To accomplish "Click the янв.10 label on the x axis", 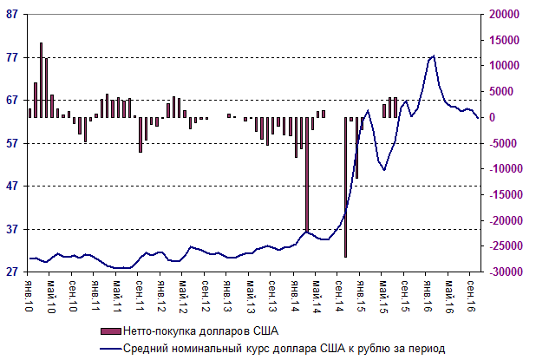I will [x=30, y=293].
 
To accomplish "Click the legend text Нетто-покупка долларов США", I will [x=202, y=331].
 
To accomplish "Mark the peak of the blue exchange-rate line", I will [x=433, y=56].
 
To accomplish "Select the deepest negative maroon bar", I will [x=346, y=187].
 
